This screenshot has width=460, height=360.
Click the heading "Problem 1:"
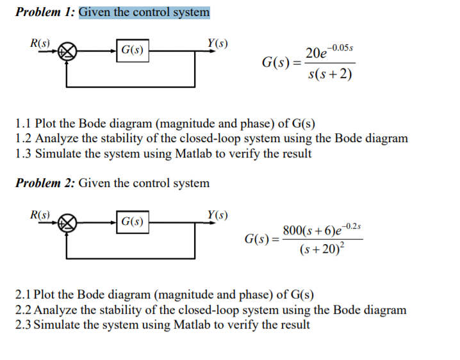coord(44,12)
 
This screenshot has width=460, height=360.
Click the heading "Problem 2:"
coord(44,183)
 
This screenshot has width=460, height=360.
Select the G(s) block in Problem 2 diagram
coord(132,222)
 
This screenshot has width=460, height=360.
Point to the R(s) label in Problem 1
coord(42,44)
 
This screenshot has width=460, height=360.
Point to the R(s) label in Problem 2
coord(42,214)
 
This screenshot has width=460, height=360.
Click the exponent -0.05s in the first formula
coord(343,48)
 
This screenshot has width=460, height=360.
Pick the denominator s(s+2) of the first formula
coord(329,74)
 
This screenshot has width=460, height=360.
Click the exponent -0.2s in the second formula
coord(352,225)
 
